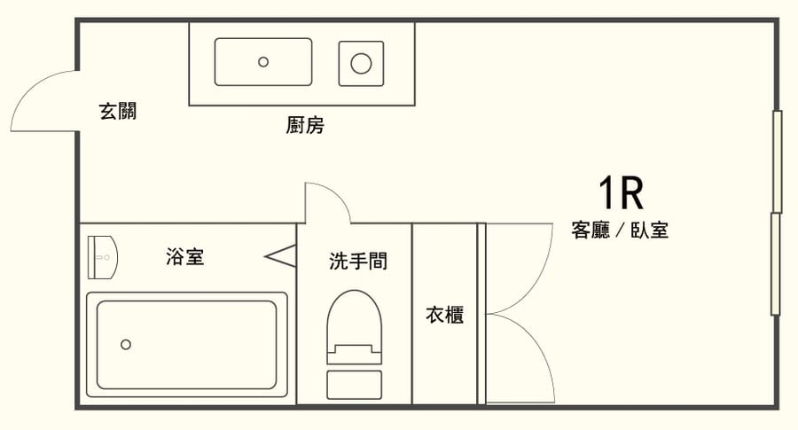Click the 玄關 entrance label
coord(117,112)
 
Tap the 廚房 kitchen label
coord(304,126)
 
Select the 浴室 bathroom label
coord(185,257)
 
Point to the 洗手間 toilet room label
coord(358,262)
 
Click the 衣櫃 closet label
coord(444,315)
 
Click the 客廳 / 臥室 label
coord(620,231)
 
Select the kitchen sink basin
coord(263,61)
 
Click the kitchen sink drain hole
coord(263,61)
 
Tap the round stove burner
coord(361,63)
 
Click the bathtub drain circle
coord(126,344)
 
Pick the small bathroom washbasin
coord(103,258)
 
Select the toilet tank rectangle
coord(354,384)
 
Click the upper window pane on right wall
coord(777,161)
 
